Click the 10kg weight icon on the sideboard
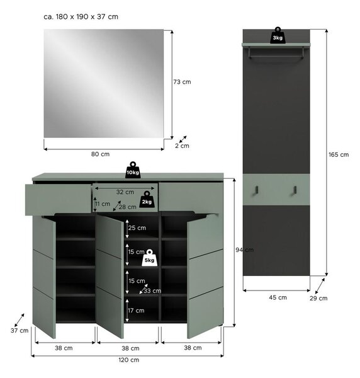point(133,170)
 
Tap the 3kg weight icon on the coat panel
point(278,35)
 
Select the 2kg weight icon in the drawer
point(147,199)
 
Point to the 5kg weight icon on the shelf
point(149,258)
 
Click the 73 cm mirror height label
point(182,82)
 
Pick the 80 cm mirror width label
point(100,154)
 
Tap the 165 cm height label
point(339,154)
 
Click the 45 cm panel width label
point(278,297)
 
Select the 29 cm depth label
point(318,298)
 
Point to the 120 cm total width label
point(129,360)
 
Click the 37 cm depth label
point(20,331)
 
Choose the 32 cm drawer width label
point(125,192)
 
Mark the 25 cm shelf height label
point(137,228)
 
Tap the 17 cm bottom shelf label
point(136,311)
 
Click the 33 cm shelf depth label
point(152,290)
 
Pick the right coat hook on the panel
point(295,190)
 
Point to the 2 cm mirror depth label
point(182,146)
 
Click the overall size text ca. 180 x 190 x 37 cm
point(81,17)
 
